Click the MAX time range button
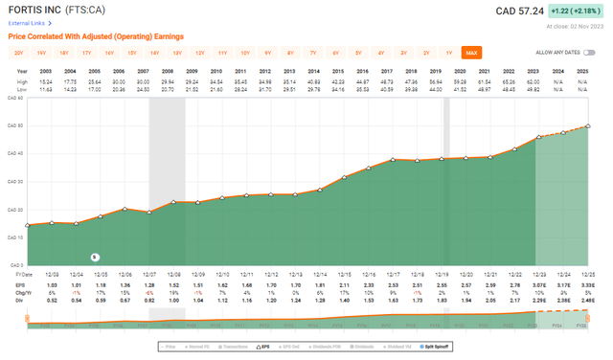click(x=470, y=52)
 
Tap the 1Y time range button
click(x=448, y=52)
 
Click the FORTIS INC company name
click(x=39, y=11)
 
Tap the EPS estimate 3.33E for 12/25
click(x=585, y=284)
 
